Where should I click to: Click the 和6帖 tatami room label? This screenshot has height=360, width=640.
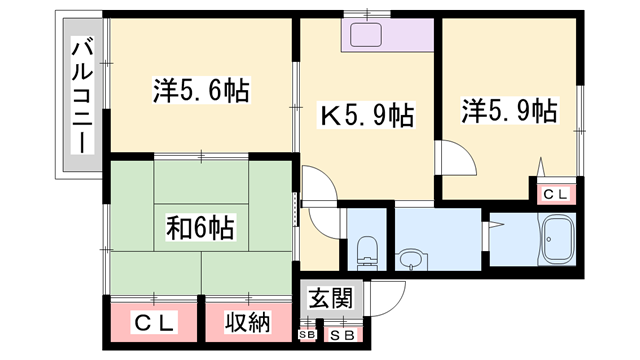click(200, 228)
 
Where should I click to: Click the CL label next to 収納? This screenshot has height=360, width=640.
click(155, 322)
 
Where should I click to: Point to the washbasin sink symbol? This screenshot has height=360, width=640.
click(409, 261)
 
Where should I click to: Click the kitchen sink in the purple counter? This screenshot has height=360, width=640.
click(362, 35)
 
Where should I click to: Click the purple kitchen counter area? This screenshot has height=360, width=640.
click(386, 37)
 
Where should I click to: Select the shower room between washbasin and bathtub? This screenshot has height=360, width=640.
click(510, 240)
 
